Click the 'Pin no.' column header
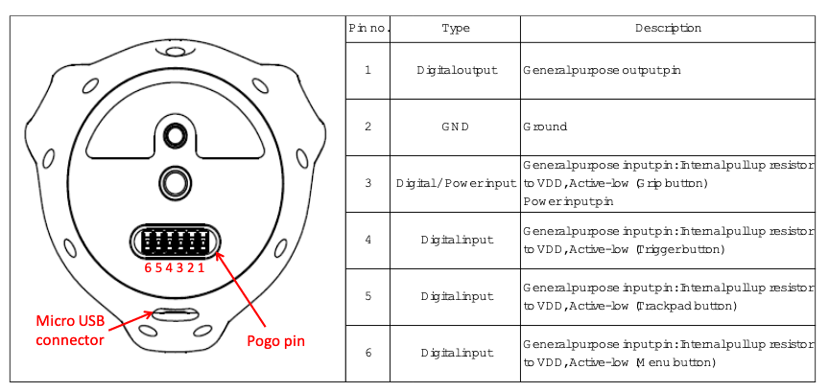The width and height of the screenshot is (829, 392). pos(369,29)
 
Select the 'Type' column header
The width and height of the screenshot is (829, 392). pos(456,29)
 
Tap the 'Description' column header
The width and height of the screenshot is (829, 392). pos(668,28)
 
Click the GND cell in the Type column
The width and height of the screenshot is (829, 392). pos(455,127)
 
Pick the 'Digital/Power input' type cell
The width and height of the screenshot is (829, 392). pos(456,183)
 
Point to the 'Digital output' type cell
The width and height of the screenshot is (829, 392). pos(457,70)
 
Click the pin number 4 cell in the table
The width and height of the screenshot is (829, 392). pos(368,240)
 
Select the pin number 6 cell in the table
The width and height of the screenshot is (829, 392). pos(368,353)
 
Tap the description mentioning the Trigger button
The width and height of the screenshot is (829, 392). pos(668,240)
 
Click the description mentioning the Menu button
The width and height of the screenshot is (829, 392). pos(668,353)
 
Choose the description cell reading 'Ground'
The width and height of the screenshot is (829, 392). pos(545,127)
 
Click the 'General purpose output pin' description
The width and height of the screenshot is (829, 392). pos(602,70)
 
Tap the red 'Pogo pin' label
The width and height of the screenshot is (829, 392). pos(276,341)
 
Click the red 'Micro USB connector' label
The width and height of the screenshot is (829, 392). pos(70,331)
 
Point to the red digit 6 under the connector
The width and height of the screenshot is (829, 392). pos(148,267)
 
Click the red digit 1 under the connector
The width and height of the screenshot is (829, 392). pos(201,267)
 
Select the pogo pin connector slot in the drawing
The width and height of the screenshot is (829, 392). pos(175,242)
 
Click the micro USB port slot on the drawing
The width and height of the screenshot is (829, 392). pos(175,314)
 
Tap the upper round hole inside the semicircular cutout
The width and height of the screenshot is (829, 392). pos(173,136)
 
